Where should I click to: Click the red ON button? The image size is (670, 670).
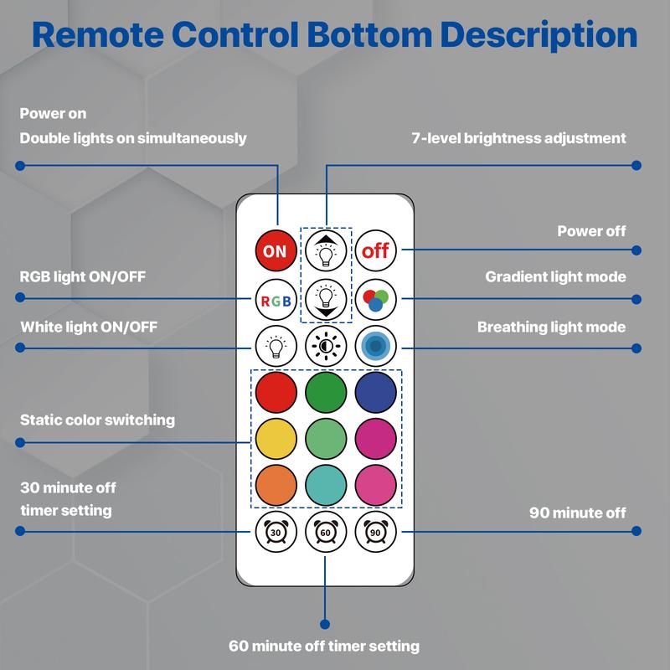pos(275,250)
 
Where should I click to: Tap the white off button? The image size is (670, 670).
pos(376,250)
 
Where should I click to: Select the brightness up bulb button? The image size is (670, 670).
pos(325,250)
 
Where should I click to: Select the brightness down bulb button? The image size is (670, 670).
pos(325,297)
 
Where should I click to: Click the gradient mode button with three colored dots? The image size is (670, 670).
pos(376,299)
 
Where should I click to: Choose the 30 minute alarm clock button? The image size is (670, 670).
pos(275,530)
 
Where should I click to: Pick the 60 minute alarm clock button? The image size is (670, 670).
pos(325,530)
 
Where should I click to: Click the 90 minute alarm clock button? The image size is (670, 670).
pos(376,530)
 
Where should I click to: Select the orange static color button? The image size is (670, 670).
pos(275,484)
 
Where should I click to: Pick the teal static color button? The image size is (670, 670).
pos(325,484)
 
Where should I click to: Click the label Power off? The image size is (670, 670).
pos(591,231)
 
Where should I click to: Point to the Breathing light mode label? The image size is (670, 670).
pos(551,327)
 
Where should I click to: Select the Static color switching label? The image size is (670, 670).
pos(97,420)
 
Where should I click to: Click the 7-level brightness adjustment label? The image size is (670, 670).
pos(518,137)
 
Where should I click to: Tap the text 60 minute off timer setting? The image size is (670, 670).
pos(324,646)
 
